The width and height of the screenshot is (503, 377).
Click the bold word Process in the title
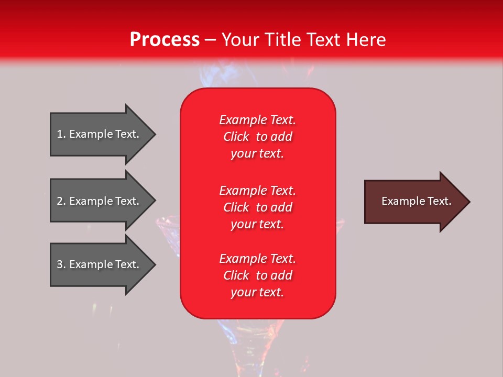coord(165,40)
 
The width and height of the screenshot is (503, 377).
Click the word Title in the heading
coord(284,39)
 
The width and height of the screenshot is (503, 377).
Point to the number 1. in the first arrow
coord(61,134)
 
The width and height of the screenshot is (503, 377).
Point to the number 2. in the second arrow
coord(61,201)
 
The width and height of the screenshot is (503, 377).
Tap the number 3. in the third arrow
coord(61,264)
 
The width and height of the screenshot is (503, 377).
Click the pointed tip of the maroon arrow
coord(471,202)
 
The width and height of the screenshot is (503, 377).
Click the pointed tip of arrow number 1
coord(156,134)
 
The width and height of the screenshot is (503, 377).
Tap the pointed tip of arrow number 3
coord(156,264)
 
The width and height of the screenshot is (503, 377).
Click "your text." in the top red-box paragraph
coord(257,153)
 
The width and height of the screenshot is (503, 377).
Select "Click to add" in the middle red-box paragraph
coord(258,207)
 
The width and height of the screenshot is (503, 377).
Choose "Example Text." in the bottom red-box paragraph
coord(257,258)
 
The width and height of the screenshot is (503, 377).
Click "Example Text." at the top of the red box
coord(257,119)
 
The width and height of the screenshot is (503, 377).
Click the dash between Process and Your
coord(210,40)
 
